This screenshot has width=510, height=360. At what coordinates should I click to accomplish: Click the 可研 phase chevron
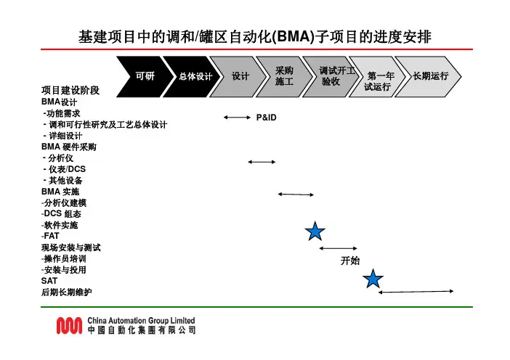coord(145,75)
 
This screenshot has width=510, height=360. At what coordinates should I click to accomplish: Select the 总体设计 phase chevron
coord(195,75)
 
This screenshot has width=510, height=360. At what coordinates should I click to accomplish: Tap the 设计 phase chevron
coord(240,75)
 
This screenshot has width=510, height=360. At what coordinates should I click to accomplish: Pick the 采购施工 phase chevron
coord(284,75)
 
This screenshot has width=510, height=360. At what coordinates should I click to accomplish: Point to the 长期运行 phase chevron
coord(430,75)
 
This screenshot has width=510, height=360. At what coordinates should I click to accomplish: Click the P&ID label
coord(267,117)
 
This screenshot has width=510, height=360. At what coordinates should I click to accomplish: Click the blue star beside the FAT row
coord(315,232)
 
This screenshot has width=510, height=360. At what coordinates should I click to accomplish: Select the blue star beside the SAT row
coord(373,278)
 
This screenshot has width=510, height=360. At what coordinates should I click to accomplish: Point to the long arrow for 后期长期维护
coord(416,292)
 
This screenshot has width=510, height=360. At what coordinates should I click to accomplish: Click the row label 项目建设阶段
coord(70,91)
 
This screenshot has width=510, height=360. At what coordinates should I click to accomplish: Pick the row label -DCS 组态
coord(62,214)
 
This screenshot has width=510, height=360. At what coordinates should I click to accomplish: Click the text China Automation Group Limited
coord(140,320)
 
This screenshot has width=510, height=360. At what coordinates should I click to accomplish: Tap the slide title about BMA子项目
coord(255,36)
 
